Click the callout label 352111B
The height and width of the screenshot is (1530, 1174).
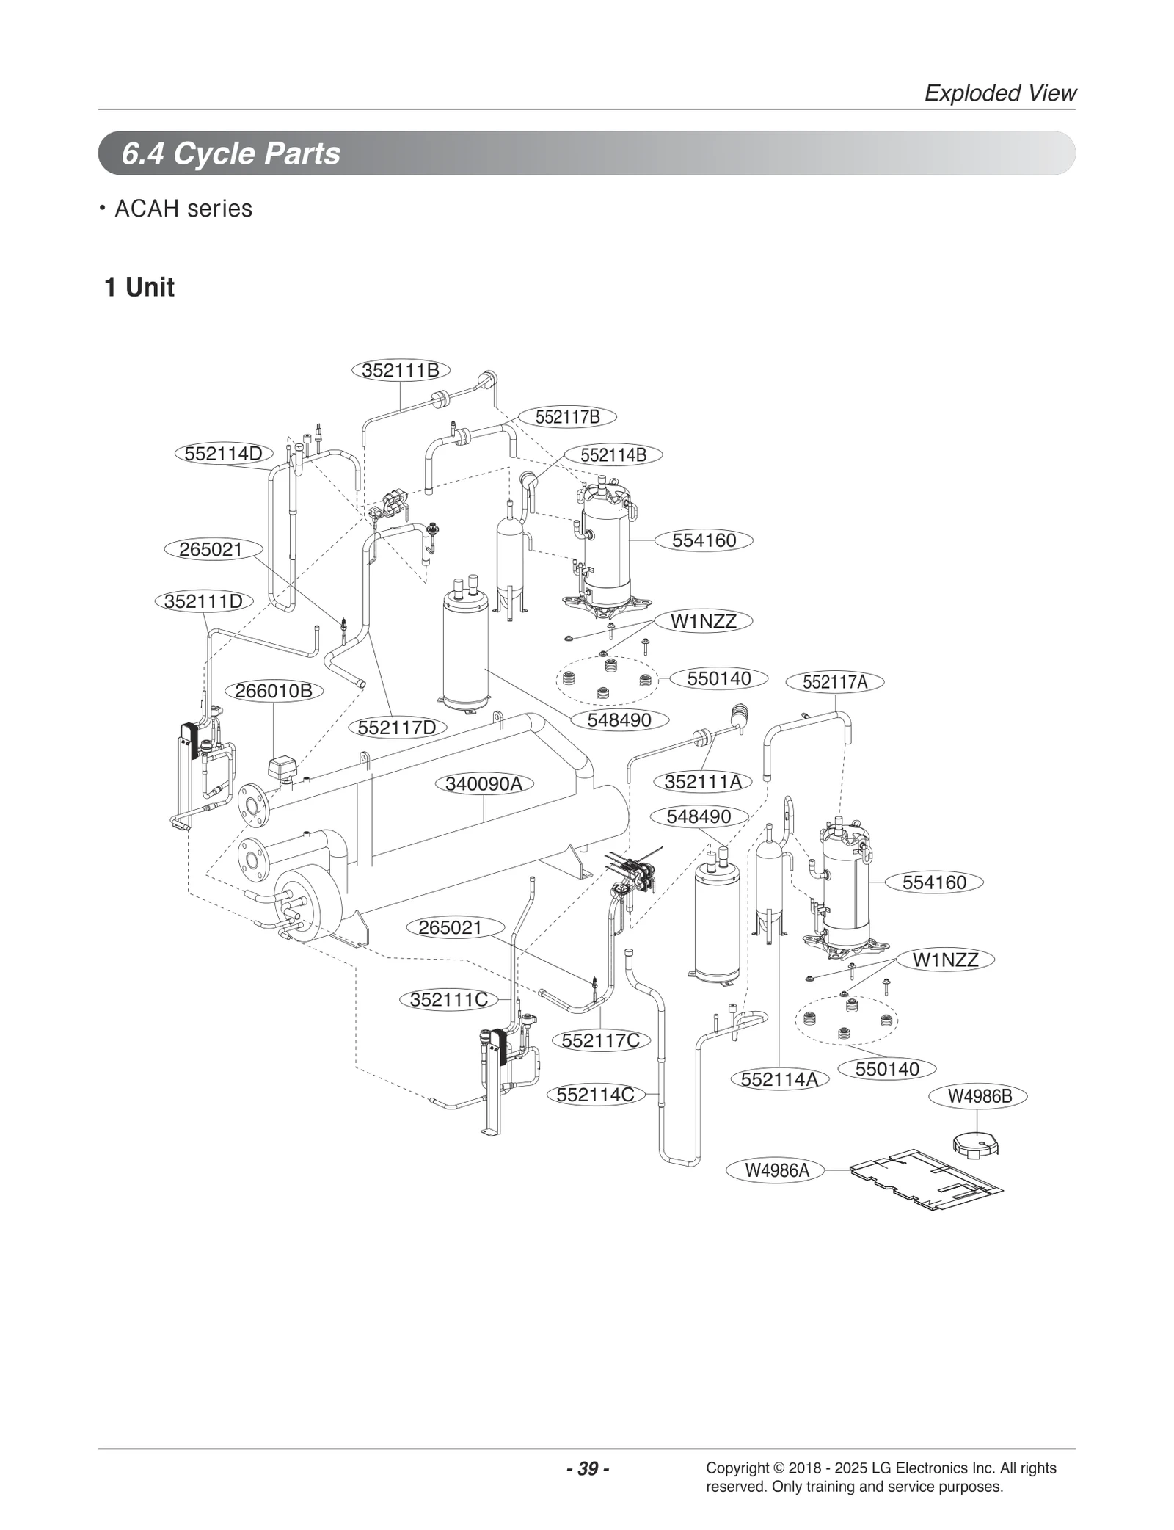[400, 370]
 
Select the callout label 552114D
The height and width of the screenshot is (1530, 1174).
[223, 454]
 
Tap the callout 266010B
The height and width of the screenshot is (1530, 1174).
[273, 691]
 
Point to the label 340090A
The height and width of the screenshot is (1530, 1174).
[484, 784]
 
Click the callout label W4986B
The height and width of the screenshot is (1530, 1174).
[980, 1096]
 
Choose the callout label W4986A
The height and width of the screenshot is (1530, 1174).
[777, 1170]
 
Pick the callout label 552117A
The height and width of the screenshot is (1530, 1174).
[834, 682]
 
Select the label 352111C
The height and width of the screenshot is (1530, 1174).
[449, 1000]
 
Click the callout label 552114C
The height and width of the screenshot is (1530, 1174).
[595, 1095]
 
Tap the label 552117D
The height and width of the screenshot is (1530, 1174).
[397, 728]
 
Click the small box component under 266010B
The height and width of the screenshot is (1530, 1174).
[280, 768]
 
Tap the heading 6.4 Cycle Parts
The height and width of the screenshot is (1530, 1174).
[230, 153]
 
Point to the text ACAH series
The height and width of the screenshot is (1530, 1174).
[183, 209]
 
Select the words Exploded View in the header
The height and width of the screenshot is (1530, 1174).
[999, 93]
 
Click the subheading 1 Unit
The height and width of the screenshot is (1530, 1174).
[139, 287]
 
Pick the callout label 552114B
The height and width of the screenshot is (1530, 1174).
[613, 455]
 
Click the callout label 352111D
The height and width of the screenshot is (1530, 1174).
[203, 601]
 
